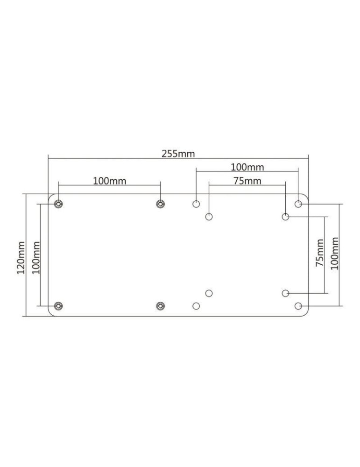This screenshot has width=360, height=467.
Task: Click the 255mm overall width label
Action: click(178, 154)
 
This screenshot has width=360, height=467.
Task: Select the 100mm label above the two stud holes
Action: click(109, 181)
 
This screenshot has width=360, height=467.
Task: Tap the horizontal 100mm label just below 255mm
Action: click(247, 167)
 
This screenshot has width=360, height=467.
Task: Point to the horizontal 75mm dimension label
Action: click(247, 181)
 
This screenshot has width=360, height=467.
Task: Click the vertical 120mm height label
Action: click(21, 258)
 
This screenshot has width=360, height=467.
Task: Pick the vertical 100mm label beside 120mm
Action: click(36, 258)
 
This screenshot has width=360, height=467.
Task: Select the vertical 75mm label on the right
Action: click(319, 253)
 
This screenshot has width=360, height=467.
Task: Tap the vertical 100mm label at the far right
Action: click(334, 253)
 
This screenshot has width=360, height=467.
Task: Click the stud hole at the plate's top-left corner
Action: click(58, 204)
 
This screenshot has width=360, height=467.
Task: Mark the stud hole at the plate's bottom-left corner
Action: click(58, 306)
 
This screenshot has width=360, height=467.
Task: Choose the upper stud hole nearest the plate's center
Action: click(161, 204)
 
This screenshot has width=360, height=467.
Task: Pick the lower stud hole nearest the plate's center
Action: click(161, 306)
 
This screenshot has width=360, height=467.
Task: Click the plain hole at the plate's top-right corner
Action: click(298, 204)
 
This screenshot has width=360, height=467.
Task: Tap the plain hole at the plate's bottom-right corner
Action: click(298, 306)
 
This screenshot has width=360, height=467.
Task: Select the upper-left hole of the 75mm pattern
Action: click(209, 217)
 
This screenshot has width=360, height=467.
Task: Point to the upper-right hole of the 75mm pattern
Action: click(286, 217)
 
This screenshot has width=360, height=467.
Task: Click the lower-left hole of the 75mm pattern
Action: click(209, 293)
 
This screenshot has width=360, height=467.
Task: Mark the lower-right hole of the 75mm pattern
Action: click(286, 293)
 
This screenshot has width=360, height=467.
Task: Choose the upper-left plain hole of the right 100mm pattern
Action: click(196, 204)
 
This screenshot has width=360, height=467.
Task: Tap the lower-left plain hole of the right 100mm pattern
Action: click(196, 306)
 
